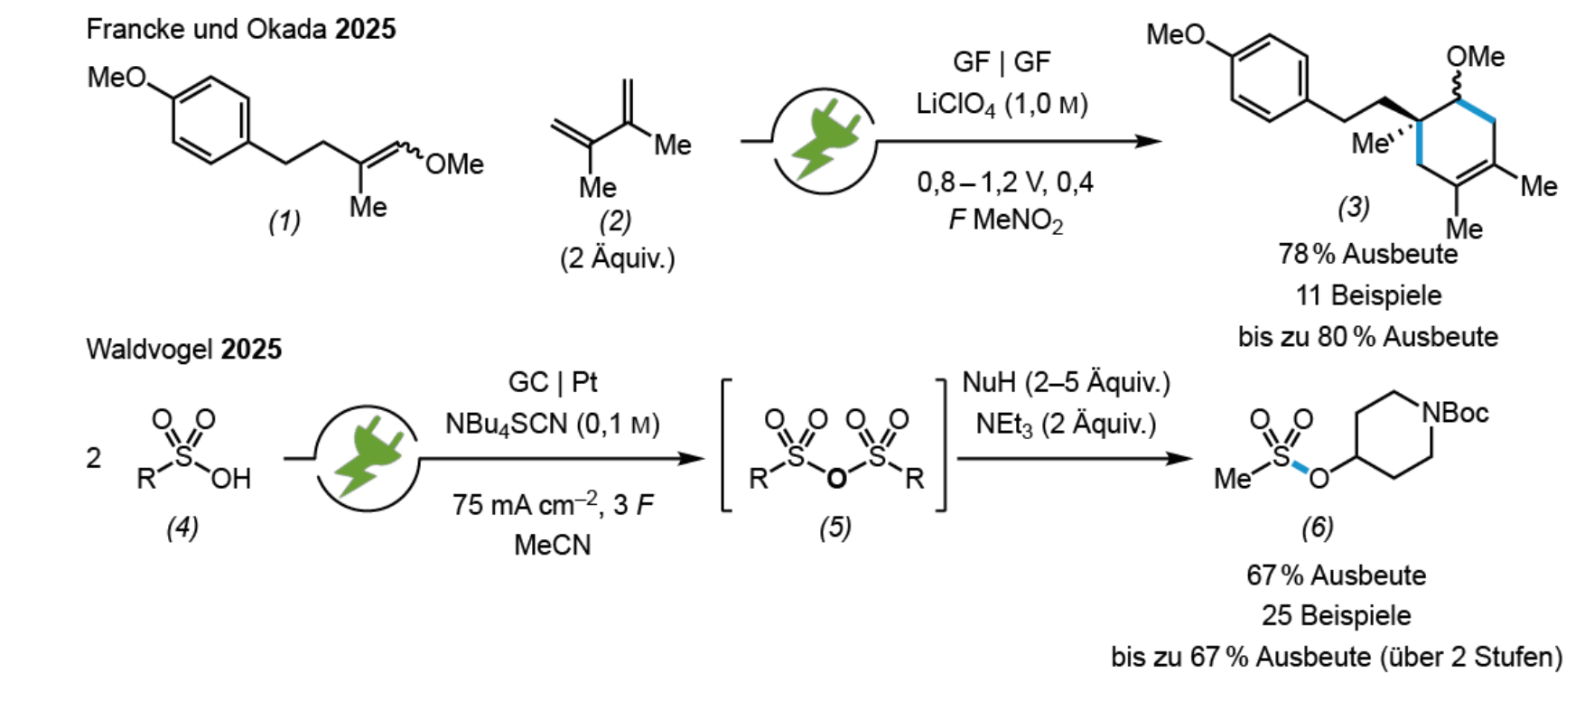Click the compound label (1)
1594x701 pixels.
(284, 221)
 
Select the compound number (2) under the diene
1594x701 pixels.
(616, 220)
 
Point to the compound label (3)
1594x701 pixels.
(1354, 208)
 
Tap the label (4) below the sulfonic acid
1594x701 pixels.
(182, 527)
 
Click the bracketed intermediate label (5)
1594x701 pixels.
(835, 527)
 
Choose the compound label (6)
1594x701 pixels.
(1318, 527)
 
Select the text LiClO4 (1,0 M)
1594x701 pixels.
(1002, 105)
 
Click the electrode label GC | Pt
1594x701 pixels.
(553, 382)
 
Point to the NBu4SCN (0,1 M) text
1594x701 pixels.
(553, 424)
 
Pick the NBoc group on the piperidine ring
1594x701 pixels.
(1455, 413)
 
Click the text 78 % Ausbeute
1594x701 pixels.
(1367, 254)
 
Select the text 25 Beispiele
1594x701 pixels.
(1337, 615)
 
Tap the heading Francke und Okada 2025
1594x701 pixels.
(241, 29)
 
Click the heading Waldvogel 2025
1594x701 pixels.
(184, 349)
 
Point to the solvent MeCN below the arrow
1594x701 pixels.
(553, 545)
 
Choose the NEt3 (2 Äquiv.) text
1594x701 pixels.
(1066, 424)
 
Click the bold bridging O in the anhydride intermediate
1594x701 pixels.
(837, 477)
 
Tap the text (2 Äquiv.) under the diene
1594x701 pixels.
(617, 258)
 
